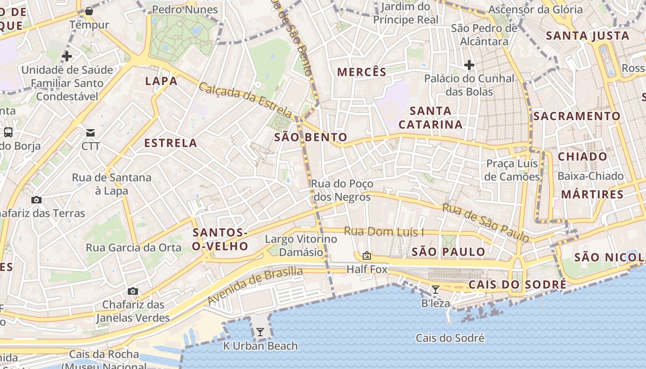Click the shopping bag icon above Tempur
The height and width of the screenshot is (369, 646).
(x=89, y=11)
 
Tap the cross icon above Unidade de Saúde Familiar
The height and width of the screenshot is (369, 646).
(x=67, y=56)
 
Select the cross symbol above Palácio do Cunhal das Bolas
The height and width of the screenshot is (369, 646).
(x=469, y=65)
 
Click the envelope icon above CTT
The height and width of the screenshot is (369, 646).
(x=90, y=133)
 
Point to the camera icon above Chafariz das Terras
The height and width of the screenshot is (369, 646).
(x=36, y=200)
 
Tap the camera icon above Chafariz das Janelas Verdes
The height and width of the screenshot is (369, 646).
(x=133, y=291)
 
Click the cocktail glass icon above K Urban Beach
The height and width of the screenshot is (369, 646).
(x=260, y=332)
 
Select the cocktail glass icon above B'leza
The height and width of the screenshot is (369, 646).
(x=435, y=290)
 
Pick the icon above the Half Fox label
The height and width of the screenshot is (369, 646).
(x=367, y=255)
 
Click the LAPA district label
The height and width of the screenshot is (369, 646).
(x=161, y=81)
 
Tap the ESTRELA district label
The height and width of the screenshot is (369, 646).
(x=171, y=143)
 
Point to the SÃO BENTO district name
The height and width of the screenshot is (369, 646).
(x=311, y=137)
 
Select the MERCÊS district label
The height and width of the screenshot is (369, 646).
(x=362, y=72)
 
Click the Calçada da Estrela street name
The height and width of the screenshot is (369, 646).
(x=245, y=100)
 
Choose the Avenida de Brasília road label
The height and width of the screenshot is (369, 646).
(x=255, y=286)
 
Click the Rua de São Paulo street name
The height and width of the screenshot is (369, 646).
(x=485, y=223)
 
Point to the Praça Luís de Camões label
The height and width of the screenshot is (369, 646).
(x=513, y=170)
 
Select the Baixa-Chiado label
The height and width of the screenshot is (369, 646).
(x=590, y=176)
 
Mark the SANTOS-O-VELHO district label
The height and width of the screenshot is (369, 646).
(x=220, y=239)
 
